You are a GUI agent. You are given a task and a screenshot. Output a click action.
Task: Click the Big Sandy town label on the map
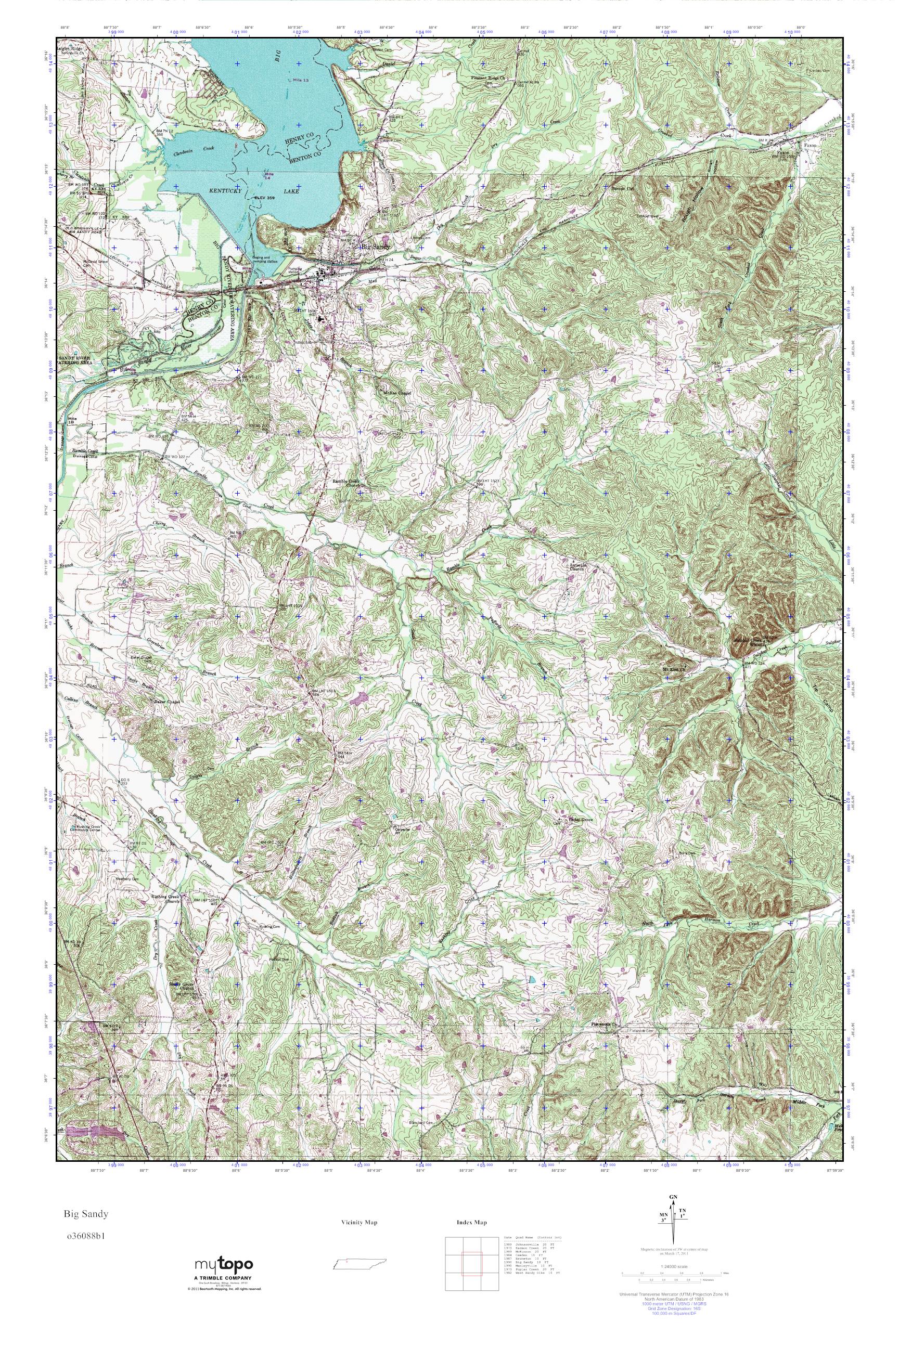click(376, 247)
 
